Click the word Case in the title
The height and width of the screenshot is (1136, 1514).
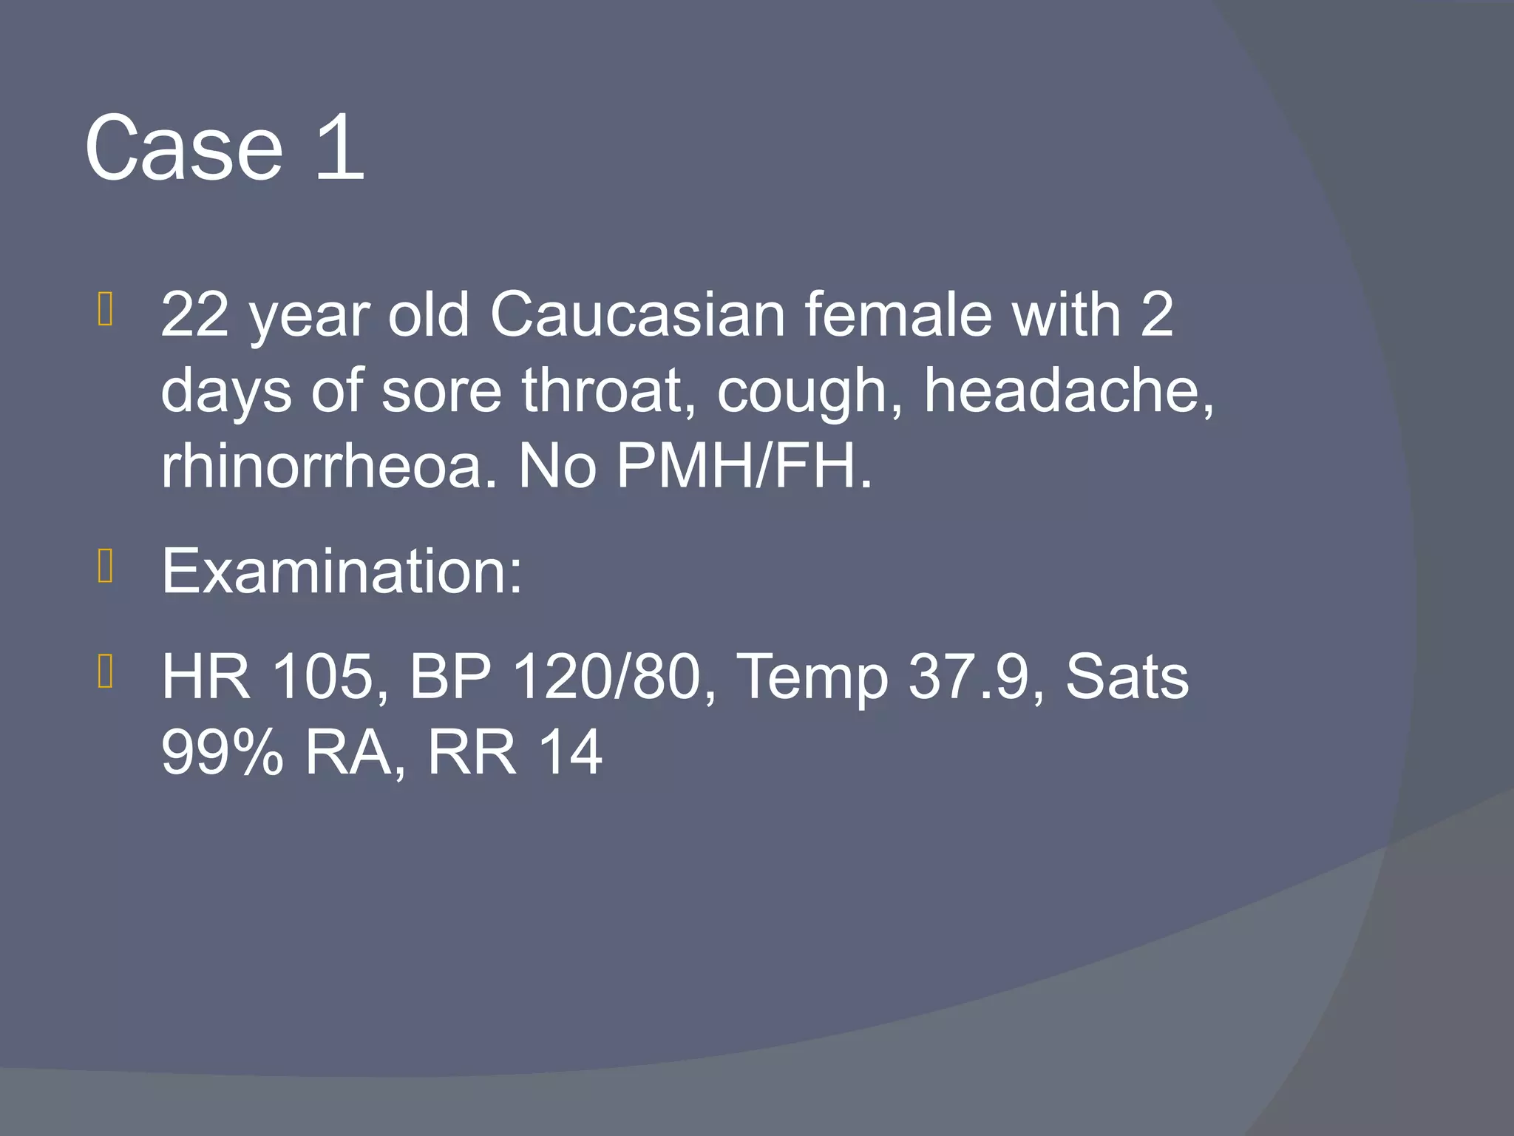click(x=184, y=149)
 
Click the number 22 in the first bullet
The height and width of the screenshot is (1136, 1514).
click(x=194, y=314)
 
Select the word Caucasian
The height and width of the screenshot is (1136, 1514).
click(x=637, y=314)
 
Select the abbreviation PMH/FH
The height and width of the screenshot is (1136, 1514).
click(x=743, y=467)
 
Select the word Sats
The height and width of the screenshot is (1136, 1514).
click(x=1127, y=677)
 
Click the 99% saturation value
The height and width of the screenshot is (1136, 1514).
click(x=223, y=753)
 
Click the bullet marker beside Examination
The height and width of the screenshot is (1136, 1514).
click(x=105, y=567)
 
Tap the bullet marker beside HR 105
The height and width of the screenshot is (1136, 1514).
click(x=105, y=672)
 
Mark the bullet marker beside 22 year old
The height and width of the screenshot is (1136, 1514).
click(x=105, y=309)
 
